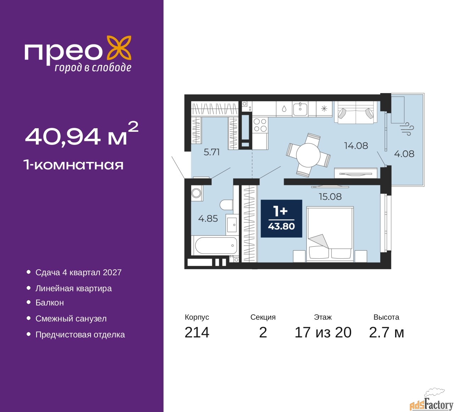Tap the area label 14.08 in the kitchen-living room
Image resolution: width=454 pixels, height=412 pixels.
[x=356, y=146]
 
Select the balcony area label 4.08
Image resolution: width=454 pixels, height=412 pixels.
[x=404, y=154]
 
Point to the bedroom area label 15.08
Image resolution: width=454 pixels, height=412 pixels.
[x=330, y=197]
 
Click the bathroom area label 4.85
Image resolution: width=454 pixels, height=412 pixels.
[x=208, y=218]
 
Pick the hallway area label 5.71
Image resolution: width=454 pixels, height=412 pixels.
[x=211, y=152]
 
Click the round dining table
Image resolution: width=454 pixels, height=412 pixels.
[x=308, y=155]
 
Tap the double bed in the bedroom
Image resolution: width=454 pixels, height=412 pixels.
[x=330, y=234]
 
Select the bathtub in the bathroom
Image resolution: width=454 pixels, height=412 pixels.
[x=216, y=245]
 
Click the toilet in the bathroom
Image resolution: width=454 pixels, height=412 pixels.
[x=226, y=205]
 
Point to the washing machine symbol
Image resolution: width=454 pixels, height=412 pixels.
[x=196, y=193]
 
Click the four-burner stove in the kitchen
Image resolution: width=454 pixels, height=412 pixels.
[x=260, y=125]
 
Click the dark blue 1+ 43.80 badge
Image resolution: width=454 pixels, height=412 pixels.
[x=281, y=218]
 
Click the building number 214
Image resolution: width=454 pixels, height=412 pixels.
[x=197, y=332]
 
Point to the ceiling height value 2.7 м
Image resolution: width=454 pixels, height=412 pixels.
[x=386, y=332]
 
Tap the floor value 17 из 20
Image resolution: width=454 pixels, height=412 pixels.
[x=323, y=332]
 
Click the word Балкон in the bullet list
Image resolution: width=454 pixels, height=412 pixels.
[x=50, y=303]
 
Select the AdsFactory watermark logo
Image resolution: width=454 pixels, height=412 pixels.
[x=431, y=402]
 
